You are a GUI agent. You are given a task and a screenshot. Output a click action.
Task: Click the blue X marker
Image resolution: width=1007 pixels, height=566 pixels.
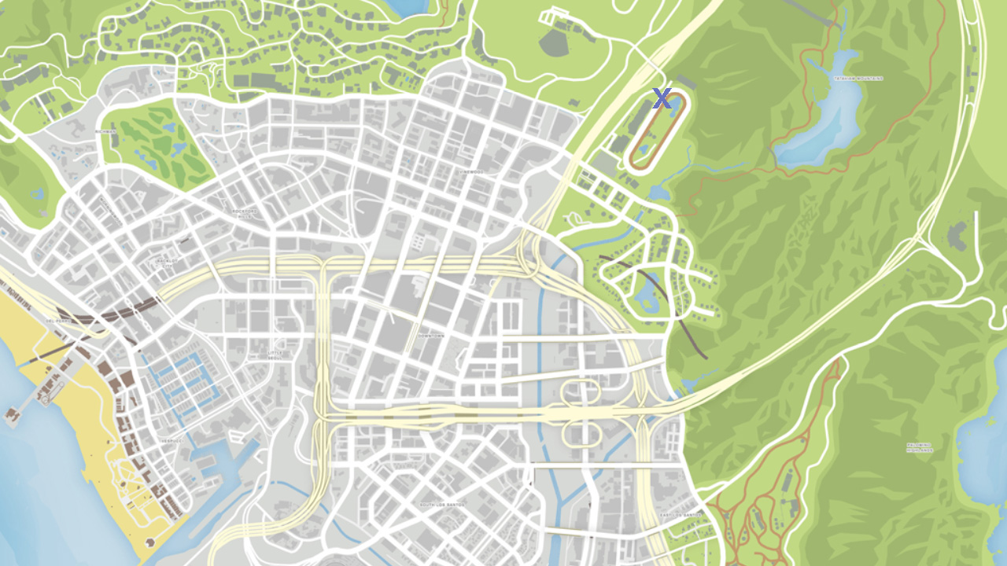tap(662, 99)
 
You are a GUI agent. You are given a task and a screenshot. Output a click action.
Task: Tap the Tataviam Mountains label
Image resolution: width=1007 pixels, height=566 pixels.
tap(858, 79)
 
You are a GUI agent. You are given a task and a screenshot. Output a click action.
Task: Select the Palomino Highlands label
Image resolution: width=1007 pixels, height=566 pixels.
tap(919, 447)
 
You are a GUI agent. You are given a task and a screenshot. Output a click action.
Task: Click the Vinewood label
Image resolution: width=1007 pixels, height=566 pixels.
tap(473, 171)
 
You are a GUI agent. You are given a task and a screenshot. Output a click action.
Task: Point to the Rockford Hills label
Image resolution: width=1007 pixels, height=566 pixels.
tap(245, 211)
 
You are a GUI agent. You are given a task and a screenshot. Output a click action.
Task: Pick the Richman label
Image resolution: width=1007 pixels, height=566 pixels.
tap(105, 131)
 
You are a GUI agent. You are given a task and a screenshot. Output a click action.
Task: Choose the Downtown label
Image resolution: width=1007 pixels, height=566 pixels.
tap(431, 336)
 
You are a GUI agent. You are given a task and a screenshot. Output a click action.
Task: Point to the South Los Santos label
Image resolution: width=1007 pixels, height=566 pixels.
tap(441, 505)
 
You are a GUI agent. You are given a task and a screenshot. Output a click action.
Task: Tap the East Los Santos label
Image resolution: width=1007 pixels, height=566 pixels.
tap(681, 515)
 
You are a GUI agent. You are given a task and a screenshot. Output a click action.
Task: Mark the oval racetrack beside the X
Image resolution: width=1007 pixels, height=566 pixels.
tap(658, 130)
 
